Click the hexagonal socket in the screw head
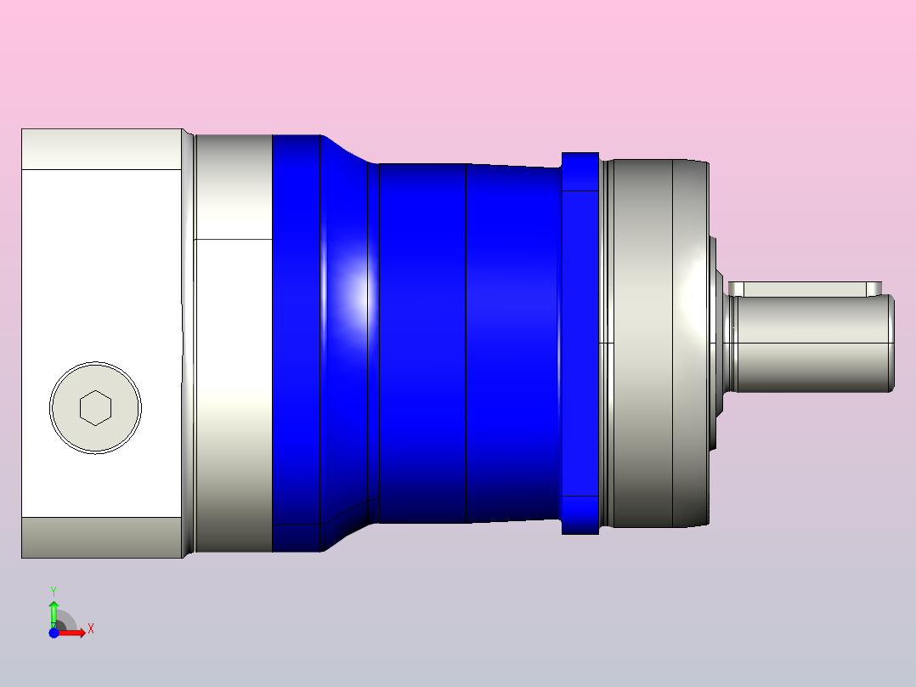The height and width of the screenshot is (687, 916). click(95, 407)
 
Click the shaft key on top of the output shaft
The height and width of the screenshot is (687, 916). click(805, 289)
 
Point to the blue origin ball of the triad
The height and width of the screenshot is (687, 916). click(54, 633)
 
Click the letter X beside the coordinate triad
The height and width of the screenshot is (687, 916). click(91, 629)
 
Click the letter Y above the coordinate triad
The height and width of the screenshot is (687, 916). click(54, 592)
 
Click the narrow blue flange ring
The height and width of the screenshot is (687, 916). click(580, 343)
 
